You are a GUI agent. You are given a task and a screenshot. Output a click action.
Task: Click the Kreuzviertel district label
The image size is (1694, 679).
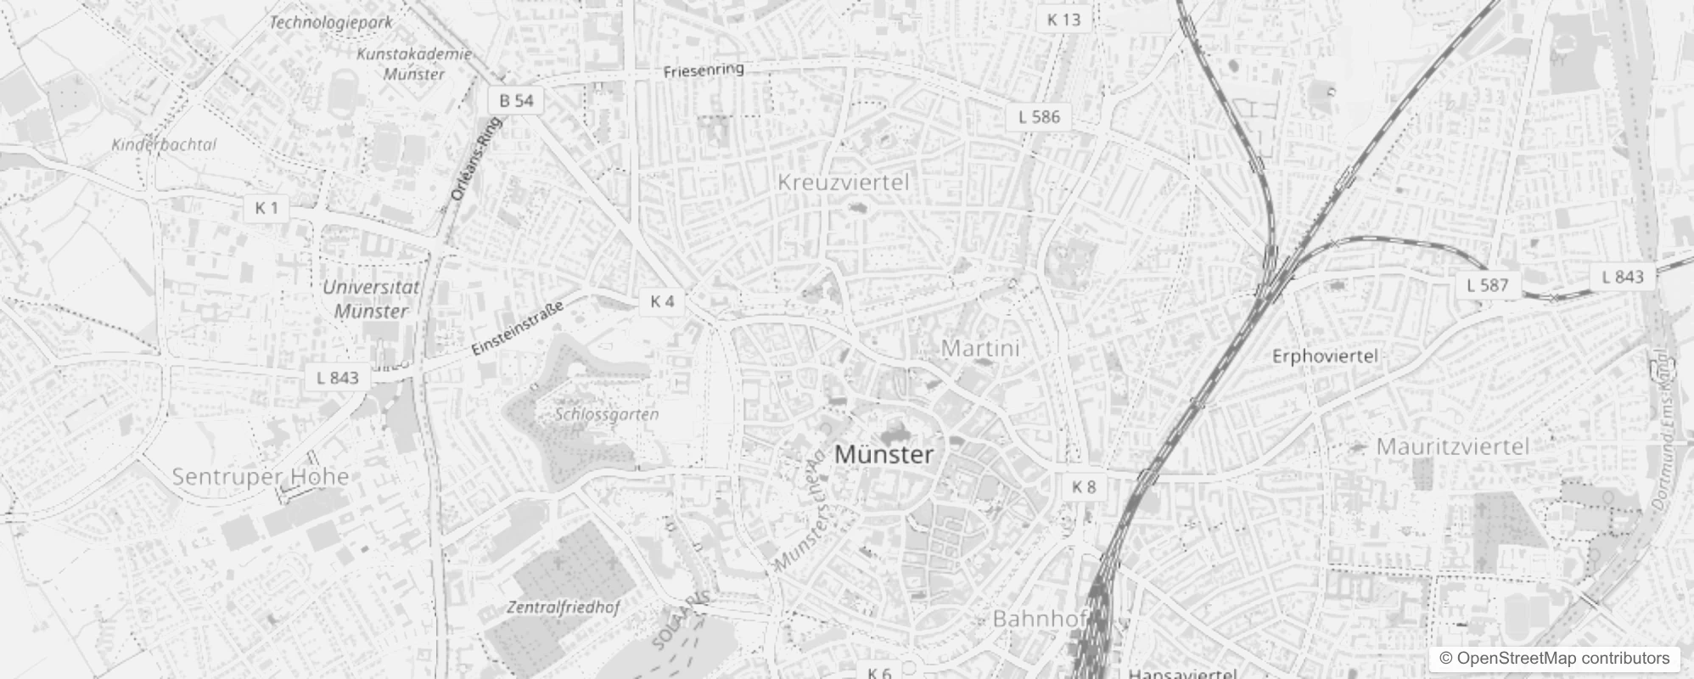843,182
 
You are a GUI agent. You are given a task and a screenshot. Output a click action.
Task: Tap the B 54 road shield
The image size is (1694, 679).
516,101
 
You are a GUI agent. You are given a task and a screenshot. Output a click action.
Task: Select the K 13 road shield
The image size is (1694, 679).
1063,20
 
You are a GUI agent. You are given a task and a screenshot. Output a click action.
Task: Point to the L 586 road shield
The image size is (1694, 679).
1040,117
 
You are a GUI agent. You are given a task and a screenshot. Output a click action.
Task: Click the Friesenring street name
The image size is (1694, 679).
704,70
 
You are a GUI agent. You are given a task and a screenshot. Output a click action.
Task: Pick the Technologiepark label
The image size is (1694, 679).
331,22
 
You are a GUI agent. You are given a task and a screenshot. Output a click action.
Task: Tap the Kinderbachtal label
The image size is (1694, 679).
164,145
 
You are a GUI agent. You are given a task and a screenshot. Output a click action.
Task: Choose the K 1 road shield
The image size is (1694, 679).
266,208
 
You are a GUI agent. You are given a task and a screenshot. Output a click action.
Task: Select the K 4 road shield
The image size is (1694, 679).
662,301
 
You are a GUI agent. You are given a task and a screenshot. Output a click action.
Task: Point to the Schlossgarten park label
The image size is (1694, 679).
607,414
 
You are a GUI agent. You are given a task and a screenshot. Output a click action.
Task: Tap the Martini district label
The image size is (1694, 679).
980,348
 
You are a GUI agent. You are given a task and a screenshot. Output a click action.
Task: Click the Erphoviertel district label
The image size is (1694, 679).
1325,356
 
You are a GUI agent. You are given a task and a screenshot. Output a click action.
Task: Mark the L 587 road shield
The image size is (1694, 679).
1488,285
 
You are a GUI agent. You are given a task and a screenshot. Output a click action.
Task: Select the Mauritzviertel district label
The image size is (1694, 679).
1452,446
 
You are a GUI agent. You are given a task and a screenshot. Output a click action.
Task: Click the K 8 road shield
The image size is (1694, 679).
1084,487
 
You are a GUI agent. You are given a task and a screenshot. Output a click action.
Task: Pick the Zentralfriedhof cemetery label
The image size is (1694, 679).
563,608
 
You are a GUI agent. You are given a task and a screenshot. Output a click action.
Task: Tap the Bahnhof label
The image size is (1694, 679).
1040,619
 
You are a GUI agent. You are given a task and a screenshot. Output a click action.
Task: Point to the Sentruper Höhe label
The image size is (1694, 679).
261,477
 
